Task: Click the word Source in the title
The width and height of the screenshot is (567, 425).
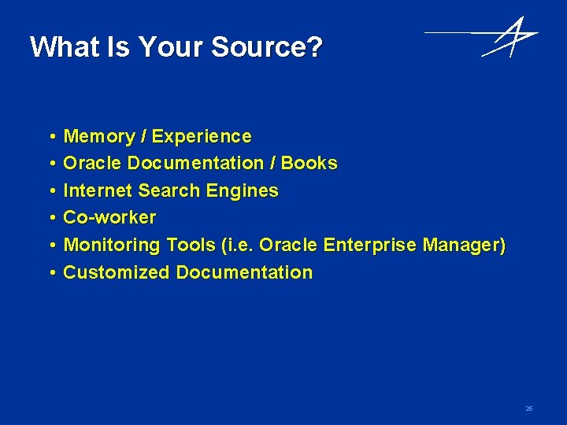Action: (x=265, y=47)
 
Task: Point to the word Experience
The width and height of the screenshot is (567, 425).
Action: (x=202, y=137)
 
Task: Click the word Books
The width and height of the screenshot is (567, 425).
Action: (x=309, y=164)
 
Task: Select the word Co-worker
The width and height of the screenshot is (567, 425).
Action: (x=109, y=217)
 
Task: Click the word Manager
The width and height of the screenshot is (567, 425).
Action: (x=462, y=245)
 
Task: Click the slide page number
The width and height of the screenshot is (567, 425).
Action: (x=529, y=408)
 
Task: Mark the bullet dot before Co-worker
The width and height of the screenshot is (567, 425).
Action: (x=50, y=218)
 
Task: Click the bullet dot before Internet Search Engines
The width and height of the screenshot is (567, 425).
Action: (x=50, y=191)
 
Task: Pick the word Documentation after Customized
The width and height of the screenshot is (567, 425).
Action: (x=244, y=272)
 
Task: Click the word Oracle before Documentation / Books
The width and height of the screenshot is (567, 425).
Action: (x=92, y=164)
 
